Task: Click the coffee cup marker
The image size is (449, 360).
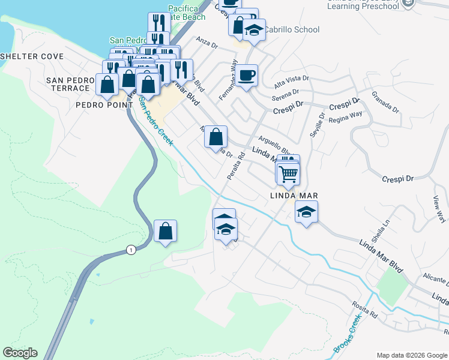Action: click(246, 76)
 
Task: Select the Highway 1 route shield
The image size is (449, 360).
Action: click(130, 250)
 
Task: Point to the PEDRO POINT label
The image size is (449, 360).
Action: click(104, 105)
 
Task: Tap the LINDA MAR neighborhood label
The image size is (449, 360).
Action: click(292, 196)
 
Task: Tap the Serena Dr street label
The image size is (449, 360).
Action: click(285, 96)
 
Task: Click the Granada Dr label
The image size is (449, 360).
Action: click(385, 102)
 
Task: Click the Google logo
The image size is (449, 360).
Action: click(20, 353)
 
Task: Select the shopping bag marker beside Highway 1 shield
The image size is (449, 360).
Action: click(165, 232)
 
